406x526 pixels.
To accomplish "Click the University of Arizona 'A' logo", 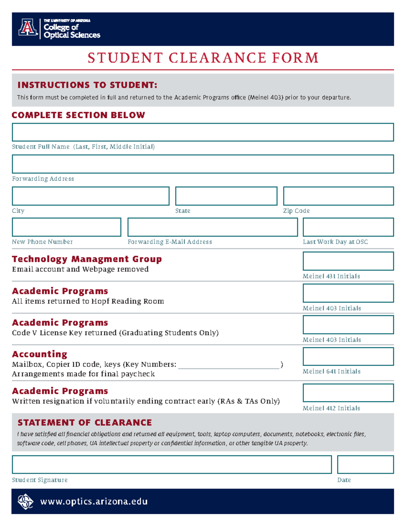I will [x=28, y=28].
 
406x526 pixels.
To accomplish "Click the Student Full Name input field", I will [x=203, y=132].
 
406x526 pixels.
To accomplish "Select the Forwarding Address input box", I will [x=203, y=164].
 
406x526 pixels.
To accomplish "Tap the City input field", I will [x=91, y=196].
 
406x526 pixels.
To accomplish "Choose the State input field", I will [x=226, y=196].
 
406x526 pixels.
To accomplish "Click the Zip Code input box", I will [x=338, y=196].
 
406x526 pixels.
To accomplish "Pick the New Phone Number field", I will [x=66, y=227].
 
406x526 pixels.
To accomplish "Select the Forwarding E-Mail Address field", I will [x=212, y=227].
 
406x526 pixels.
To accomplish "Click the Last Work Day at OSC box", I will [x=348, y=227].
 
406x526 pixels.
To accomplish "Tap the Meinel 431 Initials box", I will [x=348, y=261].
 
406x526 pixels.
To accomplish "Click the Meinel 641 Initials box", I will [x=348, y=356].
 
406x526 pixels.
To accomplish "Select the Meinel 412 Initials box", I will [x=348, y=393].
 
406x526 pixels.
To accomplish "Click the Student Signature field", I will [x=172, y=464].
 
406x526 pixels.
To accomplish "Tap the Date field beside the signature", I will [x=365, y=464].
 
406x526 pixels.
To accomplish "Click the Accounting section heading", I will [x=40, y=354].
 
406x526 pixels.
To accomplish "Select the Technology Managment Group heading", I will [x=87, y=259].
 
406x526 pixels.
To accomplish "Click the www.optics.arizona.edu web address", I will [x=94, y=501].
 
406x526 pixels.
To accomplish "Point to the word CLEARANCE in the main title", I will [x=217, y=58].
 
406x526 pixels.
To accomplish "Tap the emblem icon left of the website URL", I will [x=25, y=502].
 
